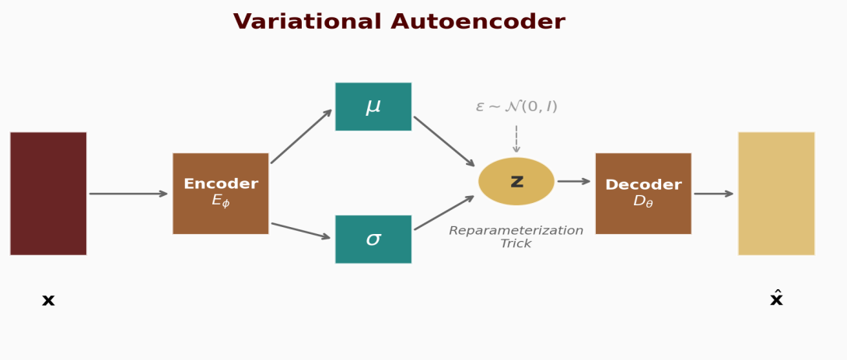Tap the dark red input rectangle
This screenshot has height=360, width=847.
tap(48, 193)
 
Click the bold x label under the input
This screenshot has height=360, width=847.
tap(48, 301)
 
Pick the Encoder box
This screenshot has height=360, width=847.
tap(220, 193)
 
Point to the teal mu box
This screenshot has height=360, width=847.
tap(373, 107)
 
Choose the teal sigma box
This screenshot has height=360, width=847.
tap(373, 239)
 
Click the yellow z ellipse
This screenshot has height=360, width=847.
tap(516, 181)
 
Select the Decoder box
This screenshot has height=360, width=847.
tap(643, 193)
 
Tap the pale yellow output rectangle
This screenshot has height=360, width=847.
tap(776, 193)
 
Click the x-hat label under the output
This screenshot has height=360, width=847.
tap(776, 299)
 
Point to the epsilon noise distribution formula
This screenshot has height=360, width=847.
tap(516, 107)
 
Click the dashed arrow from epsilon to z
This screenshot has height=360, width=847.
tap(516, 138)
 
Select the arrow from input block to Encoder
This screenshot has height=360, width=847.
tap(128, 194)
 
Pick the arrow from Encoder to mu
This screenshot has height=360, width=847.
tap(301, 136)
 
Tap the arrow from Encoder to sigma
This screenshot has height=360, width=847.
tap(300, 231)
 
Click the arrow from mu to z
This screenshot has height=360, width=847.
tap(444, 141)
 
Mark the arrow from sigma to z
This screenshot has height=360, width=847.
tap(444, 212)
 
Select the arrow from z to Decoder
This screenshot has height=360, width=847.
tap(574, 181)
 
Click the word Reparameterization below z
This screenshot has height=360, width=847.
tap(516, 231)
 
